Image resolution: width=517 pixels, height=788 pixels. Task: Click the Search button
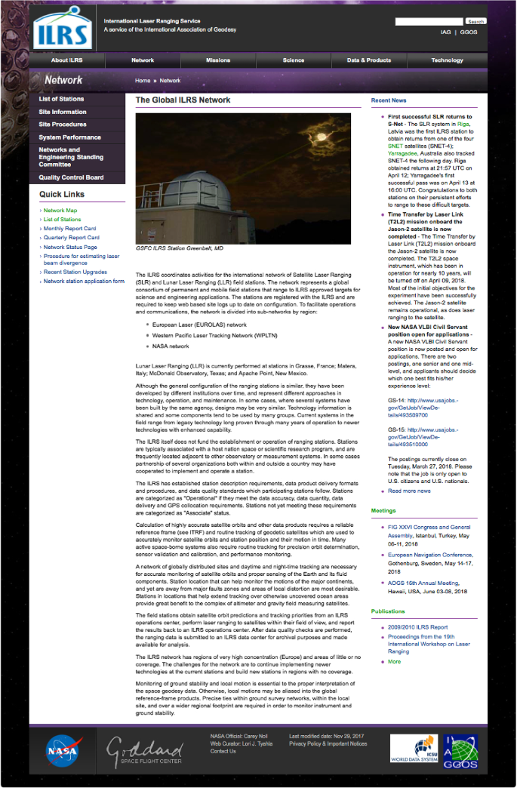coord(475,22)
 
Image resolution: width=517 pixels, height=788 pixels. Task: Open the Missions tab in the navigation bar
coord(218,60)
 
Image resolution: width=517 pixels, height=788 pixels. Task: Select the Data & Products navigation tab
coord(369,60)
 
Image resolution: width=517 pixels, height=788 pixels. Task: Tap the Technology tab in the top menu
coord(448,60)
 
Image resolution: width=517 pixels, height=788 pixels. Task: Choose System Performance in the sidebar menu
coord(70,137)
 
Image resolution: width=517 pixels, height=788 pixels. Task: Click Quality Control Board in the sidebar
coord(72,177)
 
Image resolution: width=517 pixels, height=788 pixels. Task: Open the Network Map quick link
coord(60,211)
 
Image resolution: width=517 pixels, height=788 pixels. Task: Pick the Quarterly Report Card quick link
coord(71,238)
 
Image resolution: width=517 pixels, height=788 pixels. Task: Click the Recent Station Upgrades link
coord(75,272)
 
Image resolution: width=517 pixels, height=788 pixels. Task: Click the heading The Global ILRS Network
coord(183,100)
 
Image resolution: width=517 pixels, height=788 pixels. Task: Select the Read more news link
coord(409,491)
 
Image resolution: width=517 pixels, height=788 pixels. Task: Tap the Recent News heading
coord(389,100)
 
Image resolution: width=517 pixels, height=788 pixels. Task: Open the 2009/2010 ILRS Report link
coord(419,627)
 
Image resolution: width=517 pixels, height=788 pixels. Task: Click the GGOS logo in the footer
coord(460,750)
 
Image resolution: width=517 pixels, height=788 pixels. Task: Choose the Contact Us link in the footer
coord(223,751)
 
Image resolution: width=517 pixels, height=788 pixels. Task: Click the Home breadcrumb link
coord(143,80)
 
